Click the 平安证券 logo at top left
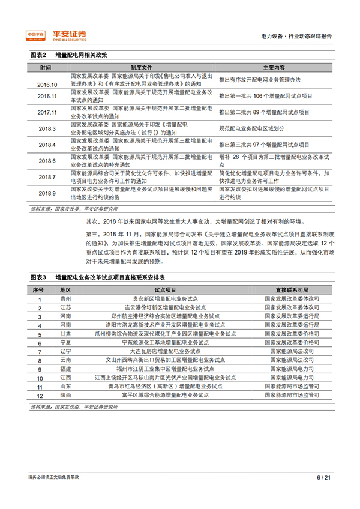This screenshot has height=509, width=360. click(x=56, y=35)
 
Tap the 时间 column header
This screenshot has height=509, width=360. click(x=46, y=67)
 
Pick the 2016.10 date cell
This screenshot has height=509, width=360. click(x=47, y=85)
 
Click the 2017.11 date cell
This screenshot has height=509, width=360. click(x=47, y=112)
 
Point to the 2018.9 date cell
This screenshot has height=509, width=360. click(x=47, y=193)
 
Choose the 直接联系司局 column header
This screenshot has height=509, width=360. click(x=291, y=290)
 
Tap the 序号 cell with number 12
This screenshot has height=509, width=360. click(x=40, y=396)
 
